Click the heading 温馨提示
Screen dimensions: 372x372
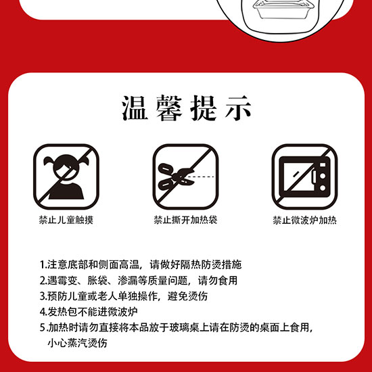click(x=187, y=108)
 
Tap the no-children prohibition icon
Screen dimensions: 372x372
click(x=66, y=177)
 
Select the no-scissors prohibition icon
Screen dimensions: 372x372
click(x=185, y=177)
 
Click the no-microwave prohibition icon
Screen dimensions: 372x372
click(x=304, y=177)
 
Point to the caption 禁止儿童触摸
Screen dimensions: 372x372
click(x=66, y=220)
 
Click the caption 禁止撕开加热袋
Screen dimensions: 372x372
click(x=185, y=220)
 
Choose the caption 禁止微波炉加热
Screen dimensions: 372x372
click(x=304, y=220)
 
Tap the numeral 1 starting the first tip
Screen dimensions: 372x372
click(x=42, y=264)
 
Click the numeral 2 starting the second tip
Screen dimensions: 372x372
click(x=43, y=281)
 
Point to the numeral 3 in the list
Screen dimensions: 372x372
click(x=43, y=296)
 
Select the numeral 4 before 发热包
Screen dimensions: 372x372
click(x=43, y=312)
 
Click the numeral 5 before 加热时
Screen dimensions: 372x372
click(x=43, y=328)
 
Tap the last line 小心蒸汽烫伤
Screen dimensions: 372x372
click(x=78, y=343)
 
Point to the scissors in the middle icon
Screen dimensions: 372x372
click(x=176, y=177)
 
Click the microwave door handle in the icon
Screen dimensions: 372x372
click(x=314, y=177)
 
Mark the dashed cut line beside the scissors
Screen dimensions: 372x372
click(x=202, y=177)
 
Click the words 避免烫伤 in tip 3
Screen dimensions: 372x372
click(x=187, y=296)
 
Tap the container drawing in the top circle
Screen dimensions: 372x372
click(x=282, y=9)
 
